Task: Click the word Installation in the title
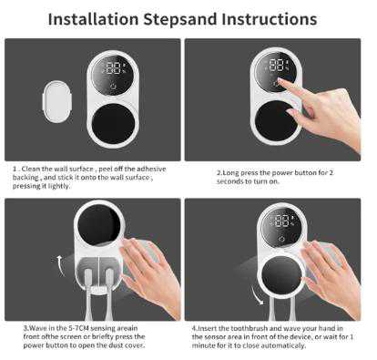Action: pyautogui.click(x=94, y=19)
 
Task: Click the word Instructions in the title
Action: pyautogui.click(x=270, y=19)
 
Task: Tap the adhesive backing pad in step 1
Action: pyautogui.click(x=56, y=101)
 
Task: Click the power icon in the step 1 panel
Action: pyautogui.click(x=114, y=86)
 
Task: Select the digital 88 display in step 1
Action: pyautogui.click(x=113, y=68)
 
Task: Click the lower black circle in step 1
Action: pyautogui.click(x=113, y=123)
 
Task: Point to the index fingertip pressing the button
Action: pyautogui.click(x=280, y=81)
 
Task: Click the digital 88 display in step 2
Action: pyautogui.click(x=277, y=65)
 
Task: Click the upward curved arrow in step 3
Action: pyautogui.click(x=61, y=266)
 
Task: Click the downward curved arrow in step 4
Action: pyautogui.click(x=257, y=295)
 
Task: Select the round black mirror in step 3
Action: pyautogui.click(x=98, y=225)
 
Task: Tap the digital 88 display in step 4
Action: pyautogui.click(x=282, y=221)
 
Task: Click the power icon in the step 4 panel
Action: pyautogui.click(x=281, y=239)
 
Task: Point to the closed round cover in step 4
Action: pyautogui.click(x=281, y=275)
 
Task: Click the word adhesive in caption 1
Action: pyautogui.click(x=151, y=169)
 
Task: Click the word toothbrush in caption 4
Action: pyautogui.click(x=250, y=328)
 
